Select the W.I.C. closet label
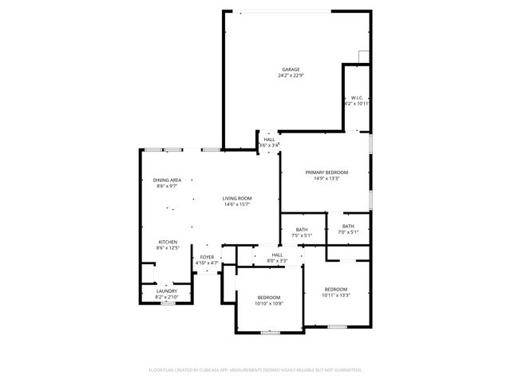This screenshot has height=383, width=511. click(357, 97)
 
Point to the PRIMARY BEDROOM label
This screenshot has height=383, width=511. click(327, 172)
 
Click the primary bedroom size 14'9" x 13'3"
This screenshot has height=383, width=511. click(327, 179)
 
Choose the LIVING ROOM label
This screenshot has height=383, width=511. click(237, 198)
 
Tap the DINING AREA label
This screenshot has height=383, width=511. click(167, 180)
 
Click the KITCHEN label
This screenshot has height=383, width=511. click(167, 242)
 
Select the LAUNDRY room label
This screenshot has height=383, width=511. click(167, 291)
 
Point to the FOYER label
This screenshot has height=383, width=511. click(207, 256)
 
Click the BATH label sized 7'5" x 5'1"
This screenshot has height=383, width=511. click(302, 229)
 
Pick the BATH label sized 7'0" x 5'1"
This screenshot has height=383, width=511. click(348, 226)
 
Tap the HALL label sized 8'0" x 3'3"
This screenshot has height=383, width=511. click(277, 255)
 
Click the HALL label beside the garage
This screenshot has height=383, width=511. click(269, 139)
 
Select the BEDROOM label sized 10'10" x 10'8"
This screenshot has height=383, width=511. click(268, 297)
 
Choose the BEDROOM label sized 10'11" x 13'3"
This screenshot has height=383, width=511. click(335, 289)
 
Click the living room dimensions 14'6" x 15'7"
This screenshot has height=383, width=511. click(237, 204)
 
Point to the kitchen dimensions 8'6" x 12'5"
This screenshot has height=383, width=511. click(167, 248)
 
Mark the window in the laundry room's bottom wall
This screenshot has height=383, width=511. click(168, 303)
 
